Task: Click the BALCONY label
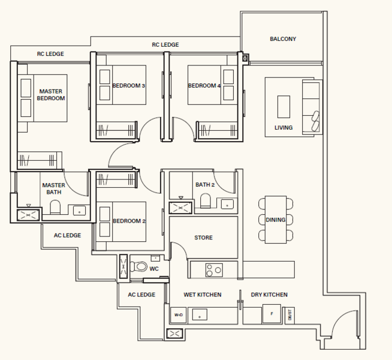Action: pyautogui.click(x=283, y=39)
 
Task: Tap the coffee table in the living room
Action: pyautogui.click(x=284, y=107)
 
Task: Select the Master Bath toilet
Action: pyautogui.click(x=55, y=207)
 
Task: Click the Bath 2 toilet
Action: pyautogui.click(x=205, y=200)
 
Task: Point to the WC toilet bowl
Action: pyautogui.click(x=138, y=266)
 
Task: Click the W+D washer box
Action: pyautogui.click(x=178, y=315)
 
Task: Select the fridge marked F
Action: pyautogui.click(x=272, y=314)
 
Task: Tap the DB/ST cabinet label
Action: pyautogui.click(x=290, y=315)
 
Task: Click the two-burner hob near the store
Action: pyautogui.click(x=214, y=270)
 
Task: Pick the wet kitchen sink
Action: pyautogui.click(x=200, y=315)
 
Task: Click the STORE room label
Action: pyautogui.click(x=204, y=238)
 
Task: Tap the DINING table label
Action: pyautogui.click(x=276, y=220)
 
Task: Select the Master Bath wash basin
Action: pyautogui.click(x=79, y=211)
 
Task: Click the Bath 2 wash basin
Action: pyautogui.click(x=227, y=204)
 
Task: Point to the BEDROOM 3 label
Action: pyautogui.click(x=128, y=86)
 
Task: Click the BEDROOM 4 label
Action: pyautogui.click(x=204, y=86)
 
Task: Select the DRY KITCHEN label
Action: pyautogui.click(x=269, y=295)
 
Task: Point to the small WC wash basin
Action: pyautogui.click(x=155, y=258)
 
